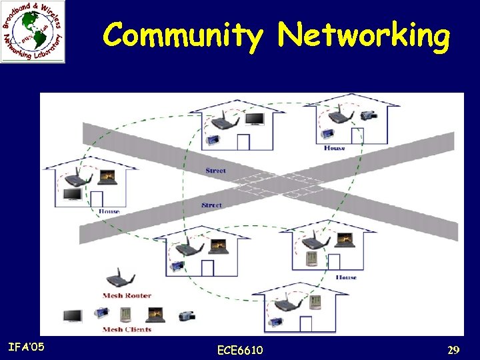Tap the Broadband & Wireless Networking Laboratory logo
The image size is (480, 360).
coord(33,33)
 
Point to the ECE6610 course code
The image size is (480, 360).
coord(240,350)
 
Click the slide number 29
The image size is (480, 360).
coord(453,350)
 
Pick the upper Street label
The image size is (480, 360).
coord(215,171)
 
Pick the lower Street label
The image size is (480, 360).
coord(211,205)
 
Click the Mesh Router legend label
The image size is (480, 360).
coord(127,295)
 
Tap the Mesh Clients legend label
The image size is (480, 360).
coord(127,329)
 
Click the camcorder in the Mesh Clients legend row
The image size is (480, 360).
coord(187,315)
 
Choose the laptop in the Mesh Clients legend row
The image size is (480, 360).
coord(155,313)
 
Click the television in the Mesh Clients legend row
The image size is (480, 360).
coord(73,315)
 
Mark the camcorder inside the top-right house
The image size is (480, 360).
coord(369,115)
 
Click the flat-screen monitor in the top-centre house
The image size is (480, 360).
coord(253,119)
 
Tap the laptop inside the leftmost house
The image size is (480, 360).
coord(107,177)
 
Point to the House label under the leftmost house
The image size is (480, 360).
coord(109,211)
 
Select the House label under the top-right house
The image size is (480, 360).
coord(334,148)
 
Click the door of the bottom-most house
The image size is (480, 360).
coord(305,324)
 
